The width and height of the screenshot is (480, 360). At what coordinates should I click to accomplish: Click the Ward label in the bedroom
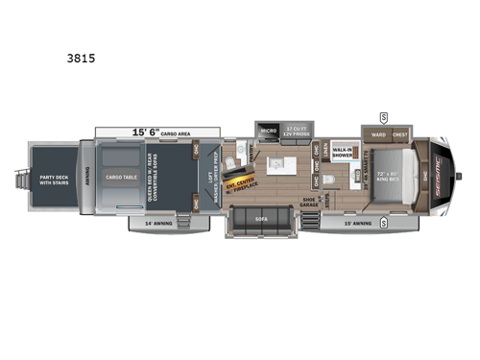coord(378,133)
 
